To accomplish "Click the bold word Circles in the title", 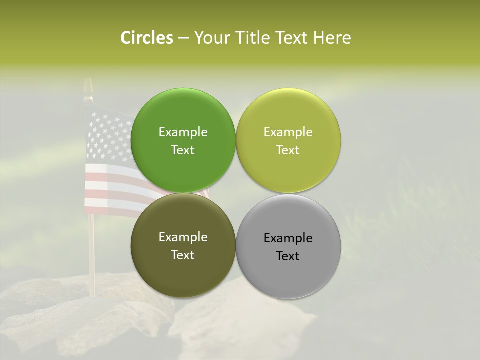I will pyautogui.click(x=146, y=38).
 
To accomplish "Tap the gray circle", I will pyautogui.click(x=288, y=275).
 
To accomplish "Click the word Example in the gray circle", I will pyautogui.click(x=288, y=238).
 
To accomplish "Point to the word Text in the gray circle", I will pyautogui.click(x=288, y=256).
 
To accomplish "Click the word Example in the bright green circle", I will pyautogui.click(x=183, y=132).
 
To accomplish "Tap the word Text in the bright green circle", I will pyautogui.click(x=183, y=150).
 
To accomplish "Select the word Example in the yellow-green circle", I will pyautogui.click(x=288, y=132).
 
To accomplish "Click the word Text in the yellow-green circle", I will pyautogui.click(x=288, y=150).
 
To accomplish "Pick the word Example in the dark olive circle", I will pyautogui.click(x=183, y=237).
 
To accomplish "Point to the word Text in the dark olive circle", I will pyautogui.click(x=183, y=255).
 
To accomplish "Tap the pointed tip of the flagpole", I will pyautogui.click(x=88, y=82).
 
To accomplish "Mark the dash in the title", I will pyautogui.click(x=183, y=38).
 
